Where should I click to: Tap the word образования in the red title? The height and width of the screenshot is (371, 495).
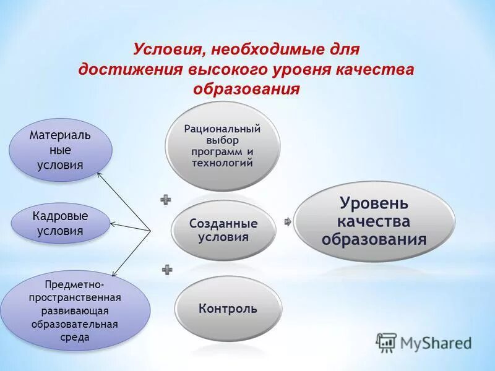pyautogui.click(x=246, y=89)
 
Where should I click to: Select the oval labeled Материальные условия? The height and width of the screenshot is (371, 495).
pyautogui.click(x=60, y=150)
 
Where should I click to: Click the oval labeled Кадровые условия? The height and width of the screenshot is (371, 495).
pyautogui.click(x=60, y=223)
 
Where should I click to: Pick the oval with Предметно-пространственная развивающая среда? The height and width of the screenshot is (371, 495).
pyautogui.click(x=75, y=311)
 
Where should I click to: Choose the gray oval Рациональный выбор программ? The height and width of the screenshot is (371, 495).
pyautogui.click(x=223, y=146)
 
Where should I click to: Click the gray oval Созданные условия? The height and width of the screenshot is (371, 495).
pyautogui.click(x=223, y=230)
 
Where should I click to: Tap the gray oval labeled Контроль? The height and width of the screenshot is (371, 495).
pyautogui.click(x=228, y=308)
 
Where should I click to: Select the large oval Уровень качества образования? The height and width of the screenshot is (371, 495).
pyautogui.click(x=374, y=221)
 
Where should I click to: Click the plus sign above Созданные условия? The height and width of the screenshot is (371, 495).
pyautogui.click(x=166, y=199)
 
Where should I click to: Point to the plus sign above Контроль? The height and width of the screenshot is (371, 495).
pyautogui.click(x=167, y=269)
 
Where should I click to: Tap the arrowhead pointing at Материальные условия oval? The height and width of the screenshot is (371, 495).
pyautogui.click(x=100, y=175)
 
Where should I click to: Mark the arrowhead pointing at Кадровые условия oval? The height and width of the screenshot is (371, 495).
pyautogui.click(x=112, y=224)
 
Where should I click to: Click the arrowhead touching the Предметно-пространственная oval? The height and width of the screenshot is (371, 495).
pyautogui.click(x=113, y=273)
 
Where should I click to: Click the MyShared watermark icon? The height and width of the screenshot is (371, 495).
pyautogui.click(x=386, y=342)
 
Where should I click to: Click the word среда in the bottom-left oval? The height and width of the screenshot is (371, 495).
pyautogui.click(x=75, y=338)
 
